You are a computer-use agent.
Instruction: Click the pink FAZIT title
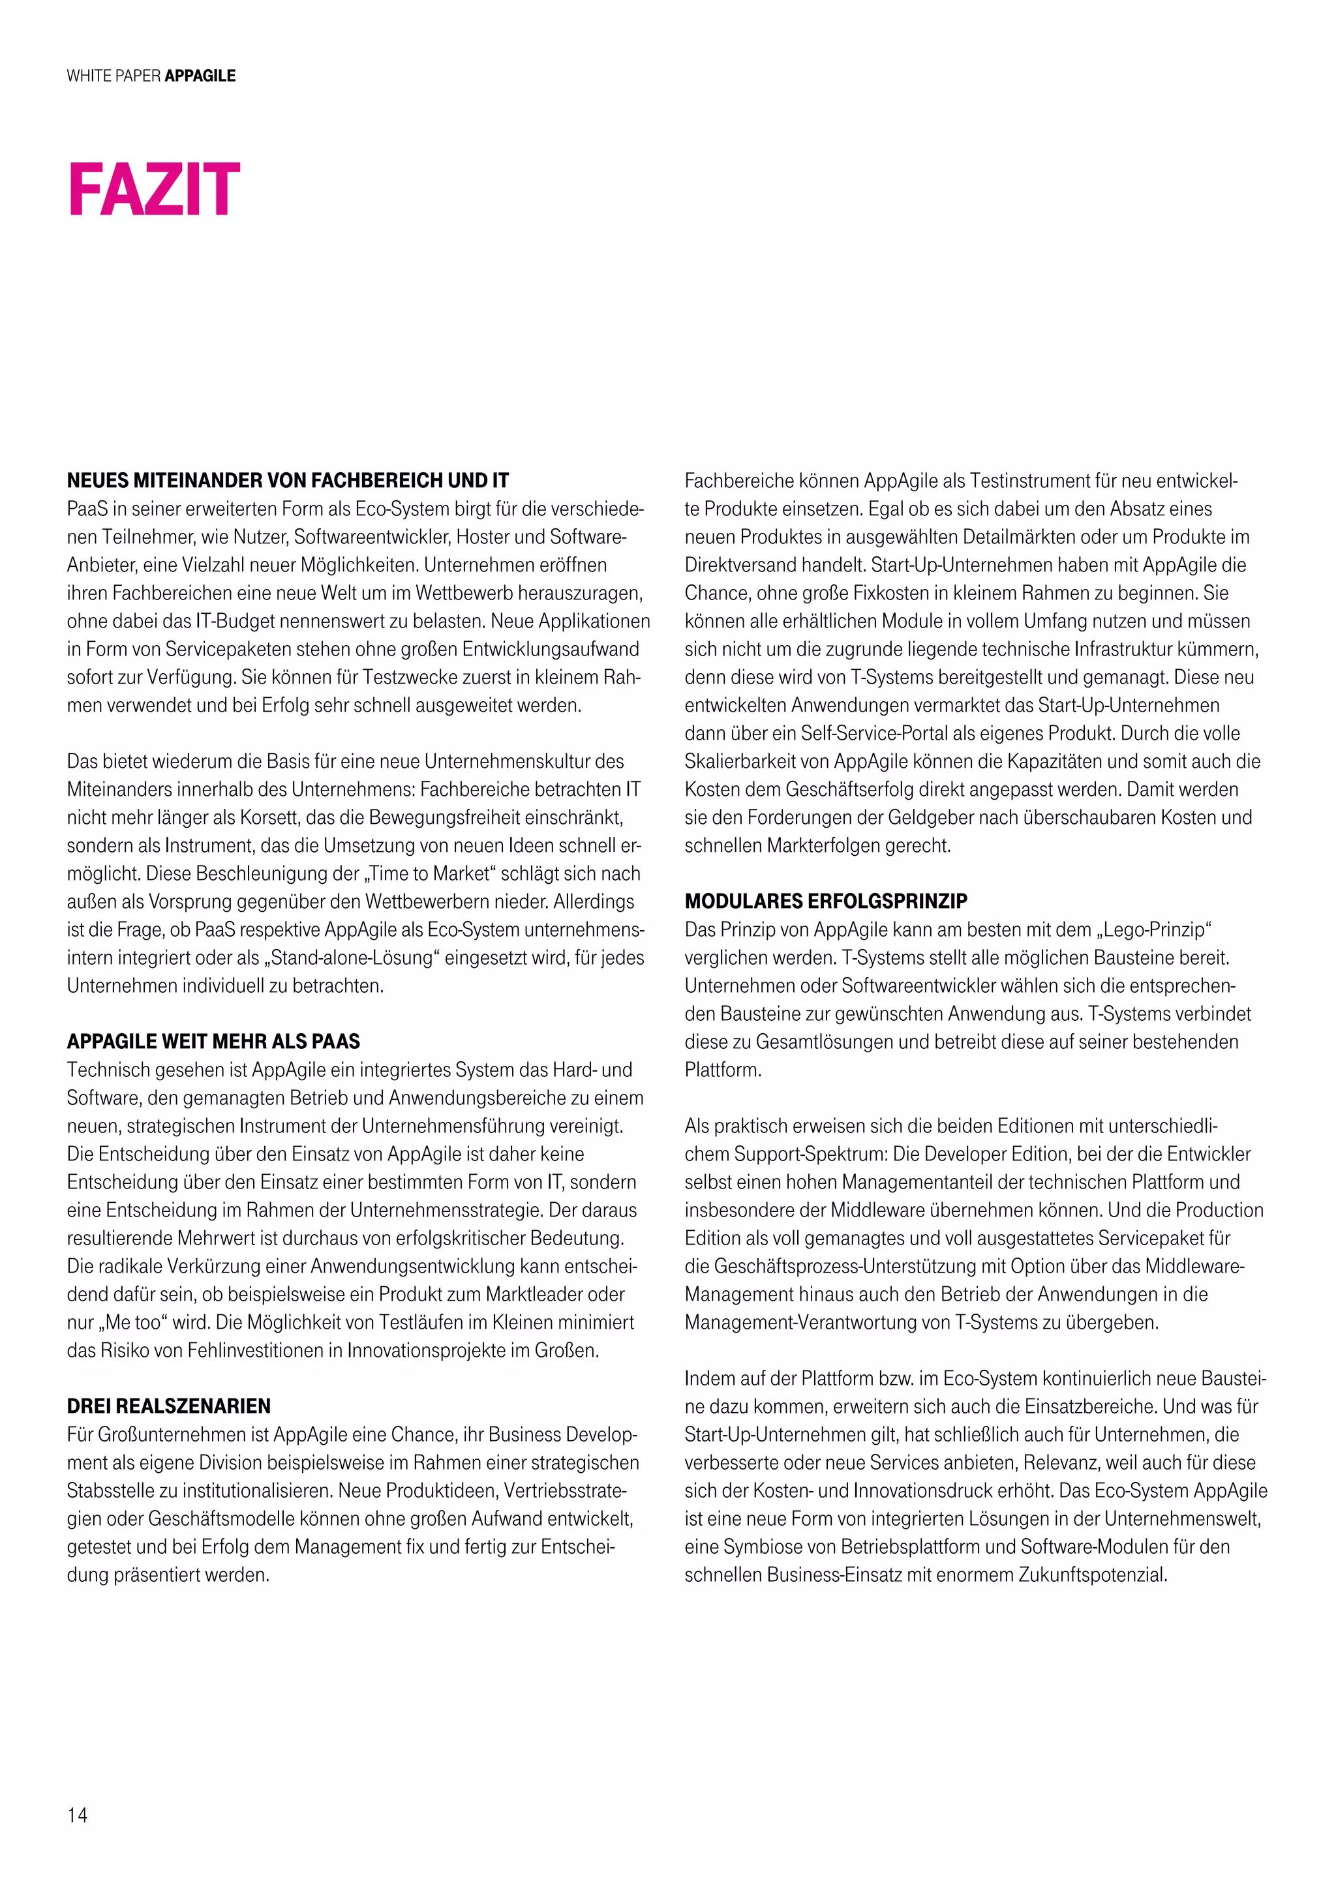click(154, 190)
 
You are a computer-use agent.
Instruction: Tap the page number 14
click(78, 1815)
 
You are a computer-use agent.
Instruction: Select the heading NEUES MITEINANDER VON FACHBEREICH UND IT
click(288, 481)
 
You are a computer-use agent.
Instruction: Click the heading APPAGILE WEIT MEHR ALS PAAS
click(213, 1042)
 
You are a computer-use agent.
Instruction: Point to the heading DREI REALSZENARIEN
click(169, 1406)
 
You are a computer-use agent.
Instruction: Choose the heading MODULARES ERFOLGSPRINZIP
click(826, 901)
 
